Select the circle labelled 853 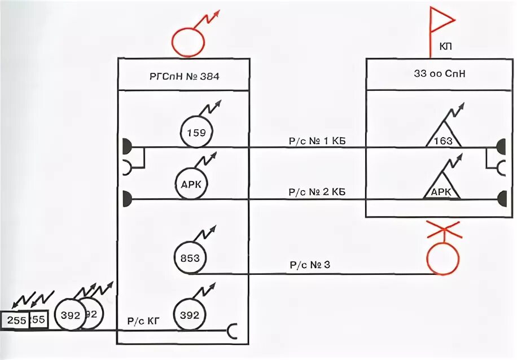(x=190, y=258)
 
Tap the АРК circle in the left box (x=191, y=185)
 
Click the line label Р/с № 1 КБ (x=317, y=141)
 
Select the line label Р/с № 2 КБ (x=317, y=192)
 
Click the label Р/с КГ (x=143, y=321)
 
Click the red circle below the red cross (x=442, y=258)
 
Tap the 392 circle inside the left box (x=189, y=315)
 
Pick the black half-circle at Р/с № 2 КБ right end (x=501, y=199)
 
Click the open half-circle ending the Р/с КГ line (x=232, y=331)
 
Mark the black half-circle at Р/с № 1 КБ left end (x=126, y=147)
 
